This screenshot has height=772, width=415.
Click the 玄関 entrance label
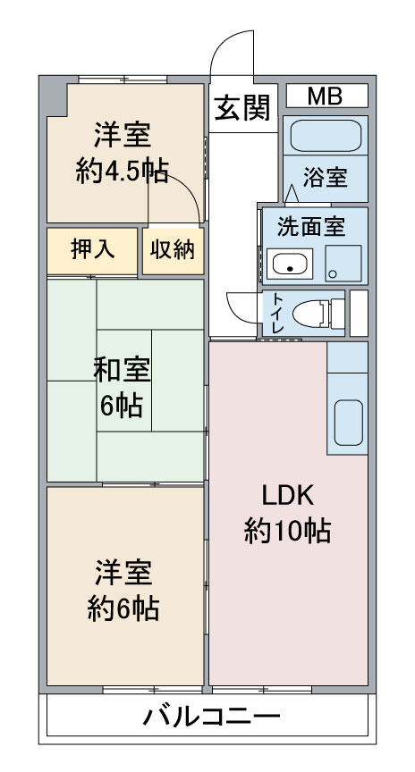coord(243,108)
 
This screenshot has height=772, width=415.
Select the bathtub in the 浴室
coord(326,136)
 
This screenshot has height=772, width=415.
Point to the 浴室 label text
coord(326,177)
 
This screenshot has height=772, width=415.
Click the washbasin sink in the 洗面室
coord(290,264)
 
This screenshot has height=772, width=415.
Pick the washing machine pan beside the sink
coord(343,264)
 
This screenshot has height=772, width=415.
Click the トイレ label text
coord(278,313)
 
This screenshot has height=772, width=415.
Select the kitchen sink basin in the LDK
coord(349,423)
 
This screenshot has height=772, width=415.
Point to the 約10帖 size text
coord(287,531)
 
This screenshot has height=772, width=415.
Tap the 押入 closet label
coord(93,250)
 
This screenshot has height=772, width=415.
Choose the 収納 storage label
coord(173,250)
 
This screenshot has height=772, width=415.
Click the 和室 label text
coord(122,371)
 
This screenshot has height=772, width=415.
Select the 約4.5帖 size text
coord(122,172)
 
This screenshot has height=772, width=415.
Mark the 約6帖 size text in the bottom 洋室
coord(123,608)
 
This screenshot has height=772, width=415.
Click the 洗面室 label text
coord(310,226)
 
